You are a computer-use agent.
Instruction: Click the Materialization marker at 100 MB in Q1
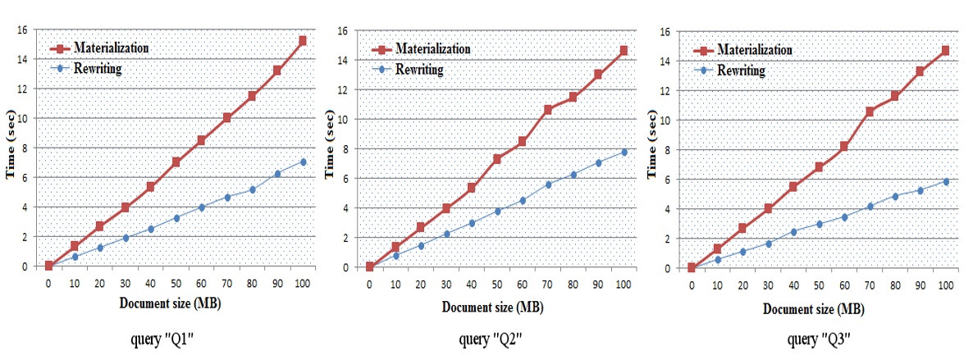click(303, 40)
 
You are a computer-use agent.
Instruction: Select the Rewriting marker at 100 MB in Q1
click(303, 162)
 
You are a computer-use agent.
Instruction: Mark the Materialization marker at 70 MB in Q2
click(547, 109)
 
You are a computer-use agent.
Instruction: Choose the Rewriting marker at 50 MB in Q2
click(496, 211)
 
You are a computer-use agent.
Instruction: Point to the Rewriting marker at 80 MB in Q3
click(894, 196)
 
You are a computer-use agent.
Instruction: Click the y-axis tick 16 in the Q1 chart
click(24, 30)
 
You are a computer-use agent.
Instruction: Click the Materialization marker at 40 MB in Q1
click(150, 187)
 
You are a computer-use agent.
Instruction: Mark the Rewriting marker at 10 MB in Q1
click(74, 257)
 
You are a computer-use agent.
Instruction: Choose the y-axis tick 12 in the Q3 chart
click(669, 90)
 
